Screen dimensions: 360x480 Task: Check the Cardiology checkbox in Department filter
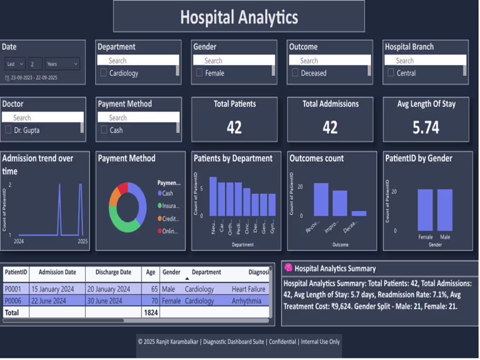tap(103, 73)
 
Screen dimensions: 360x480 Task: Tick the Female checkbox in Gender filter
tap(199, 73)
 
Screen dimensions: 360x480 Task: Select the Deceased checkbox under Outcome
tap(295, 73)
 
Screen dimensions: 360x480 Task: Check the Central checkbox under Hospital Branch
tap(391, 73)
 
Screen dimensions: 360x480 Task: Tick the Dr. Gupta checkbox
tap(8, 130)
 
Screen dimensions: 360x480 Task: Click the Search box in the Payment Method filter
tap(138, 117)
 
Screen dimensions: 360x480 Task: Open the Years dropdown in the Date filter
tap(62, 64)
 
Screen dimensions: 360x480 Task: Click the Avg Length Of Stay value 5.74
tap(426, 127)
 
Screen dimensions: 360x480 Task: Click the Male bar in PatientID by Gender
tap(445, 209)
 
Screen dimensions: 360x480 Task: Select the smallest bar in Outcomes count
tap(359, 213)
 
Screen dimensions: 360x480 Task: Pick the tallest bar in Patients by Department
tap(213, 196)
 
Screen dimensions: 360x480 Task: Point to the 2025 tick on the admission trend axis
tap(82, 241)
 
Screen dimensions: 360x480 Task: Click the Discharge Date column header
tap(113, 272)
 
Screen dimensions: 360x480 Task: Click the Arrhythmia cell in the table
tap(247, 301)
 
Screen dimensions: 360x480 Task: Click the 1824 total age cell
tap(151, 313)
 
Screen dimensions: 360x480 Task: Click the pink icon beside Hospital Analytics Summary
tap(288, 267)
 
